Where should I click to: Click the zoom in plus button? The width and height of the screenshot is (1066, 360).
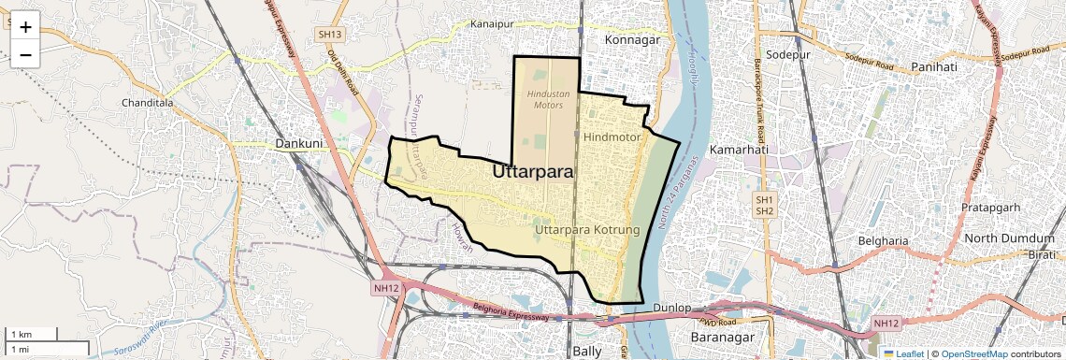coord(25,27)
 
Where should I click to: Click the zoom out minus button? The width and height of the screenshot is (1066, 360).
coord(25,55)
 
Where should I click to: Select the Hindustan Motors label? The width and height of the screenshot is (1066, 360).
coord(548,99)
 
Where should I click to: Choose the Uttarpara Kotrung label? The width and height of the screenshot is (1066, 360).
coord(586,229)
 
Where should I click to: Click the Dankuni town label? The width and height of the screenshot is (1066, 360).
coord(299,144)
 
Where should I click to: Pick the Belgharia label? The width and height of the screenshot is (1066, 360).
coord(884,241)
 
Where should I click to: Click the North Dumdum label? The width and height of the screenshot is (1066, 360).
coord(1009,238)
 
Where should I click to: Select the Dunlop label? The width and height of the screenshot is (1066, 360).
coord(671,308)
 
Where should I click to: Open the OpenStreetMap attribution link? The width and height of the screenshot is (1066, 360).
coord(973,353)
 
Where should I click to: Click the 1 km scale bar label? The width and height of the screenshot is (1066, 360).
coord(22,334)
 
